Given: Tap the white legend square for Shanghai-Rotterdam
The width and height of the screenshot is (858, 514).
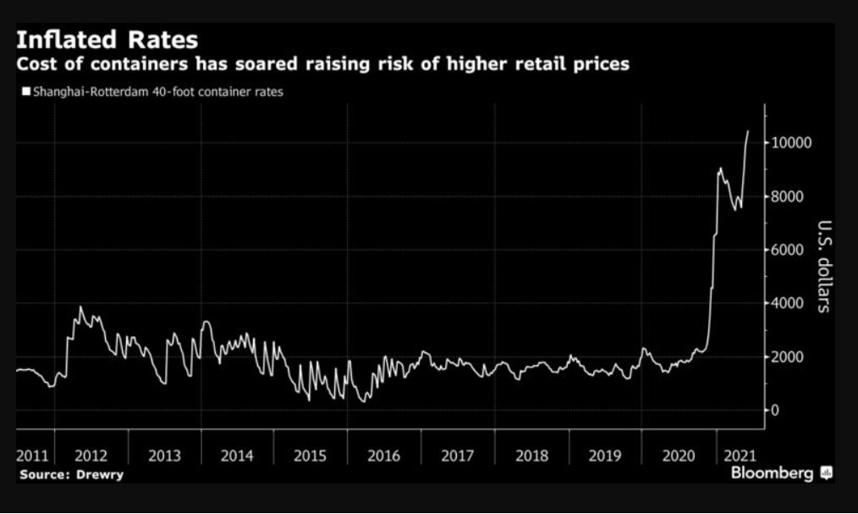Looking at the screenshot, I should pos(26,91).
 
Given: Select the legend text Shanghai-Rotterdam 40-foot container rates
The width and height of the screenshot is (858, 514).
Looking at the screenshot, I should pos(157,91).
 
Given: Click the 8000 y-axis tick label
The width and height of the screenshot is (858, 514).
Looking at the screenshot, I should pos(789,196).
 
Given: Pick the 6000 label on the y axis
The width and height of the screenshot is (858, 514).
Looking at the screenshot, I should pos(789,250).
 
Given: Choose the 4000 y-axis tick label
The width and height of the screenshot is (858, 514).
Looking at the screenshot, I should pos(789,303).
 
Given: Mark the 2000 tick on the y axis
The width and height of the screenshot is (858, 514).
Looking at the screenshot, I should pos(789,356).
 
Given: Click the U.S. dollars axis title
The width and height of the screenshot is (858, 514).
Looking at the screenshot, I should pos(825,266).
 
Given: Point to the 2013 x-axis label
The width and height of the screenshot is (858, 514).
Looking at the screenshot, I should pos(164,456).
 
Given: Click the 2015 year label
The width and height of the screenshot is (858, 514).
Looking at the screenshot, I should pos(311,456).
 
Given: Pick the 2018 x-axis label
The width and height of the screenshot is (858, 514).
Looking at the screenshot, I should pos(531,456).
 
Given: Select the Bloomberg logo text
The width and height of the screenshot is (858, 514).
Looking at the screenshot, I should pos(772,473).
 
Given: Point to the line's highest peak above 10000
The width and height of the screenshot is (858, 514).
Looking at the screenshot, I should pos(748,130).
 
